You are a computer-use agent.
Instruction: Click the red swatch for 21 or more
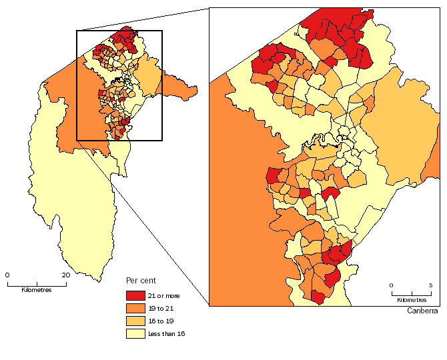136,295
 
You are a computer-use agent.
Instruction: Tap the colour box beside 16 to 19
136,321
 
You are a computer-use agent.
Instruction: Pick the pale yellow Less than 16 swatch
136,333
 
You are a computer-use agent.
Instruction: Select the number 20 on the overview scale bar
65,275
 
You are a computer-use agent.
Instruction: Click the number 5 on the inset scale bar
430,285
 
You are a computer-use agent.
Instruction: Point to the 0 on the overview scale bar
7,275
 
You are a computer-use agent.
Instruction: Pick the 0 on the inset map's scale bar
392,285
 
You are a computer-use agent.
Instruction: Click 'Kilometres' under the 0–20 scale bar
36,289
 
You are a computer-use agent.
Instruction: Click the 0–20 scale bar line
37,283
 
